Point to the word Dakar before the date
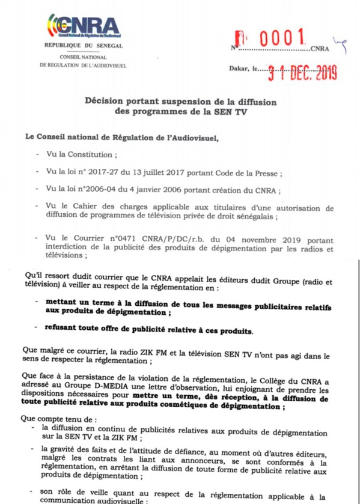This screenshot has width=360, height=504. (x=239, y=70)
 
